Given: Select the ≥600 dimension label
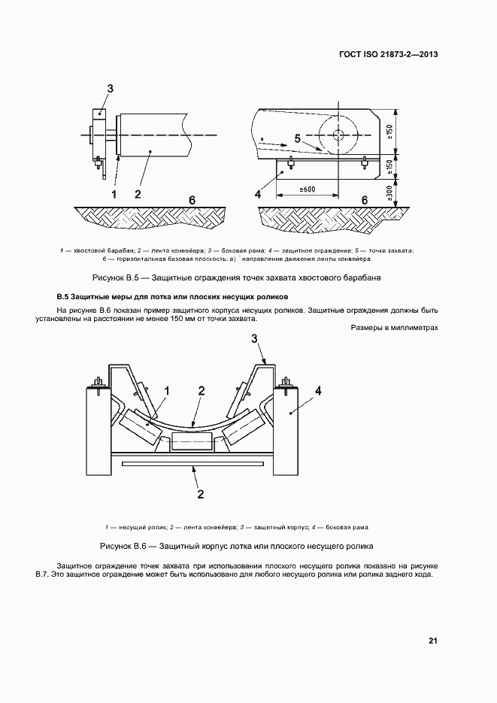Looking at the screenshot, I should [306, 189].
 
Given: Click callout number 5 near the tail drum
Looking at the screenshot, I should [298, 138].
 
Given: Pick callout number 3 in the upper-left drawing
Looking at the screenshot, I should [110, 89].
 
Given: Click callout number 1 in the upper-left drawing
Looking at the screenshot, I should [114, 194].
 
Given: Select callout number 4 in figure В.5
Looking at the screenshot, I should [258, 194].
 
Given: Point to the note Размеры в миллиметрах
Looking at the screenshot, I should [394, 327].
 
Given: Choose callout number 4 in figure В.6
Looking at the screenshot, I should [318, 390].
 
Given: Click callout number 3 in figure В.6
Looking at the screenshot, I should [254, 340].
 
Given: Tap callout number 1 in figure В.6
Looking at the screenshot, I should [167, 390].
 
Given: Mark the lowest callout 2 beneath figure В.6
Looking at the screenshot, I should [200, 494].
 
